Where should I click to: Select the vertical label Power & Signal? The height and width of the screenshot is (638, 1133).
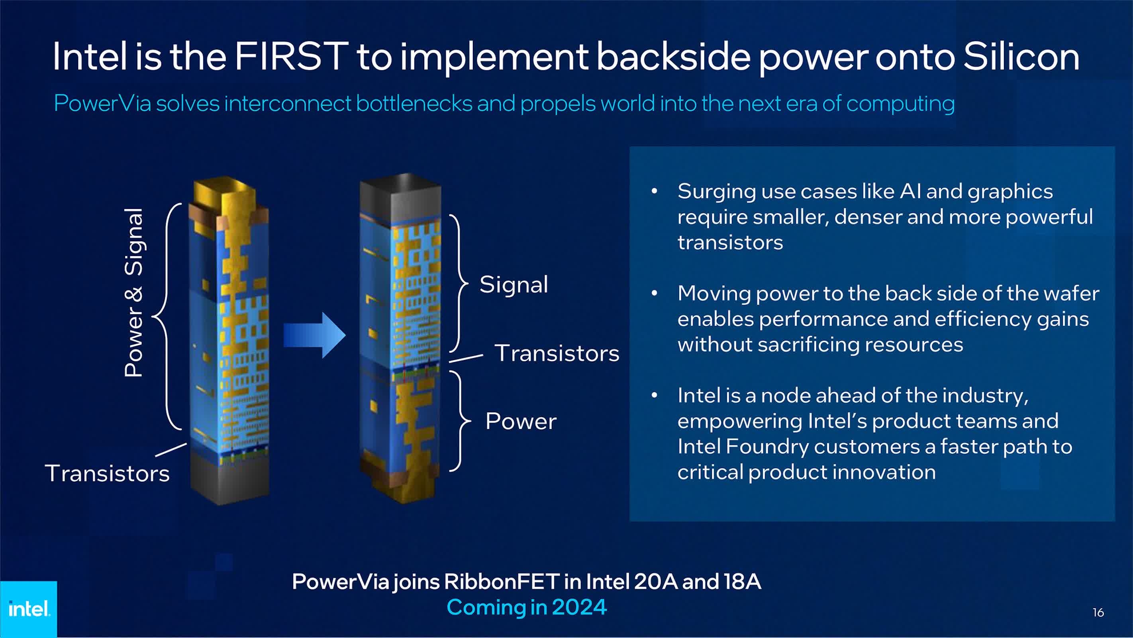[x=134, y=292]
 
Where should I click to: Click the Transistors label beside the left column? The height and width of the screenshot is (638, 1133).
[x=107, y=473]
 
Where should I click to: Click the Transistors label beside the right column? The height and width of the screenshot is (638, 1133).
[x=557, y=353]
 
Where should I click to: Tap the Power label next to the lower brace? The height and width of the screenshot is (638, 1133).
[x=521, y=421]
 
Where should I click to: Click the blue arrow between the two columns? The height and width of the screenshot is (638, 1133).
[x=314, y=335]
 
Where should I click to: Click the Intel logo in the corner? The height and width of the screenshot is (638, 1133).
[x=29, y=609]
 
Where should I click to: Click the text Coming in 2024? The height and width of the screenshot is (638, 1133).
[x=527, y=607]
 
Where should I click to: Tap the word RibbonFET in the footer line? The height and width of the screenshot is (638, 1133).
[x=502, y=582]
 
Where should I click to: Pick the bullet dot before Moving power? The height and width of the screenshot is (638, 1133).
[x=654, y=293]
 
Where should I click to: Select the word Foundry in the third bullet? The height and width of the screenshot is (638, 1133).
[x=765, y=447]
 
